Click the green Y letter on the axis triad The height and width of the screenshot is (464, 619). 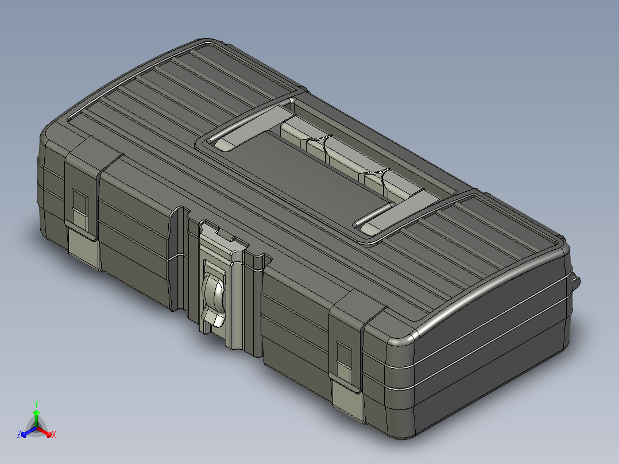click(x=36, y=403)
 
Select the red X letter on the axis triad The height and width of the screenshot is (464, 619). click(x=54, y=435)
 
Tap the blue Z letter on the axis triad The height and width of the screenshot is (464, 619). click(x=19, y=435)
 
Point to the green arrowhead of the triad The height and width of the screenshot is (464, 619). click(x=36, y=413)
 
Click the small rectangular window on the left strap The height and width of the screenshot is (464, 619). click(x=79, y=204)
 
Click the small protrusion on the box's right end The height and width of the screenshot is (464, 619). click(x=576, y=281)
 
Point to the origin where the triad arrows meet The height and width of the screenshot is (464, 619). click(x=36, y=428)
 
